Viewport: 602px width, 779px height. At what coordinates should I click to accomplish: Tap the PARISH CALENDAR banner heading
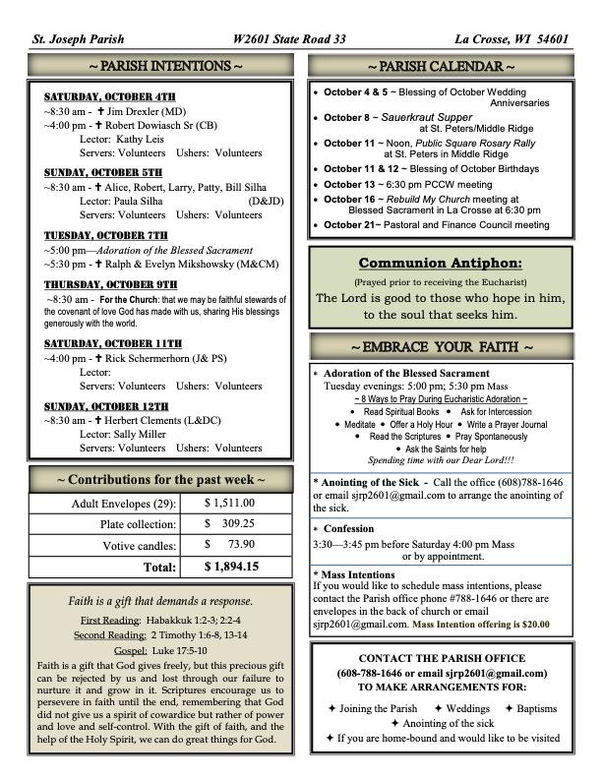pos(441,66)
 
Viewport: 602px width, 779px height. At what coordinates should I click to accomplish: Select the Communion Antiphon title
pos(440,263)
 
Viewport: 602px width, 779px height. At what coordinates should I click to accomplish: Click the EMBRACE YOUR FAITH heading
pos(441,347)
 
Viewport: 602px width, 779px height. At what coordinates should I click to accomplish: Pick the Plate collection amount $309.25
pos(229,524)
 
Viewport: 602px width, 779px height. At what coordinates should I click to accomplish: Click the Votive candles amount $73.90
pos(229,545)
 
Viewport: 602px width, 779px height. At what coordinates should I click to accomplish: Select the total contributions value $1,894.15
pos(231,567)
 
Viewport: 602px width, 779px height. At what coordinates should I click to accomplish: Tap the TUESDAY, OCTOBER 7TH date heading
pos(105,236)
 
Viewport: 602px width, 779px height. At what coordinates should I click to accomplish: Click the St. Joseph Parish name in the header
pos(75,39)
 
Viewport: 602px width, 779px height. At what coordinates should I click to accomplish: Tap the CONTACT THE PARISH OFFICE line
pos(442,658)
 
